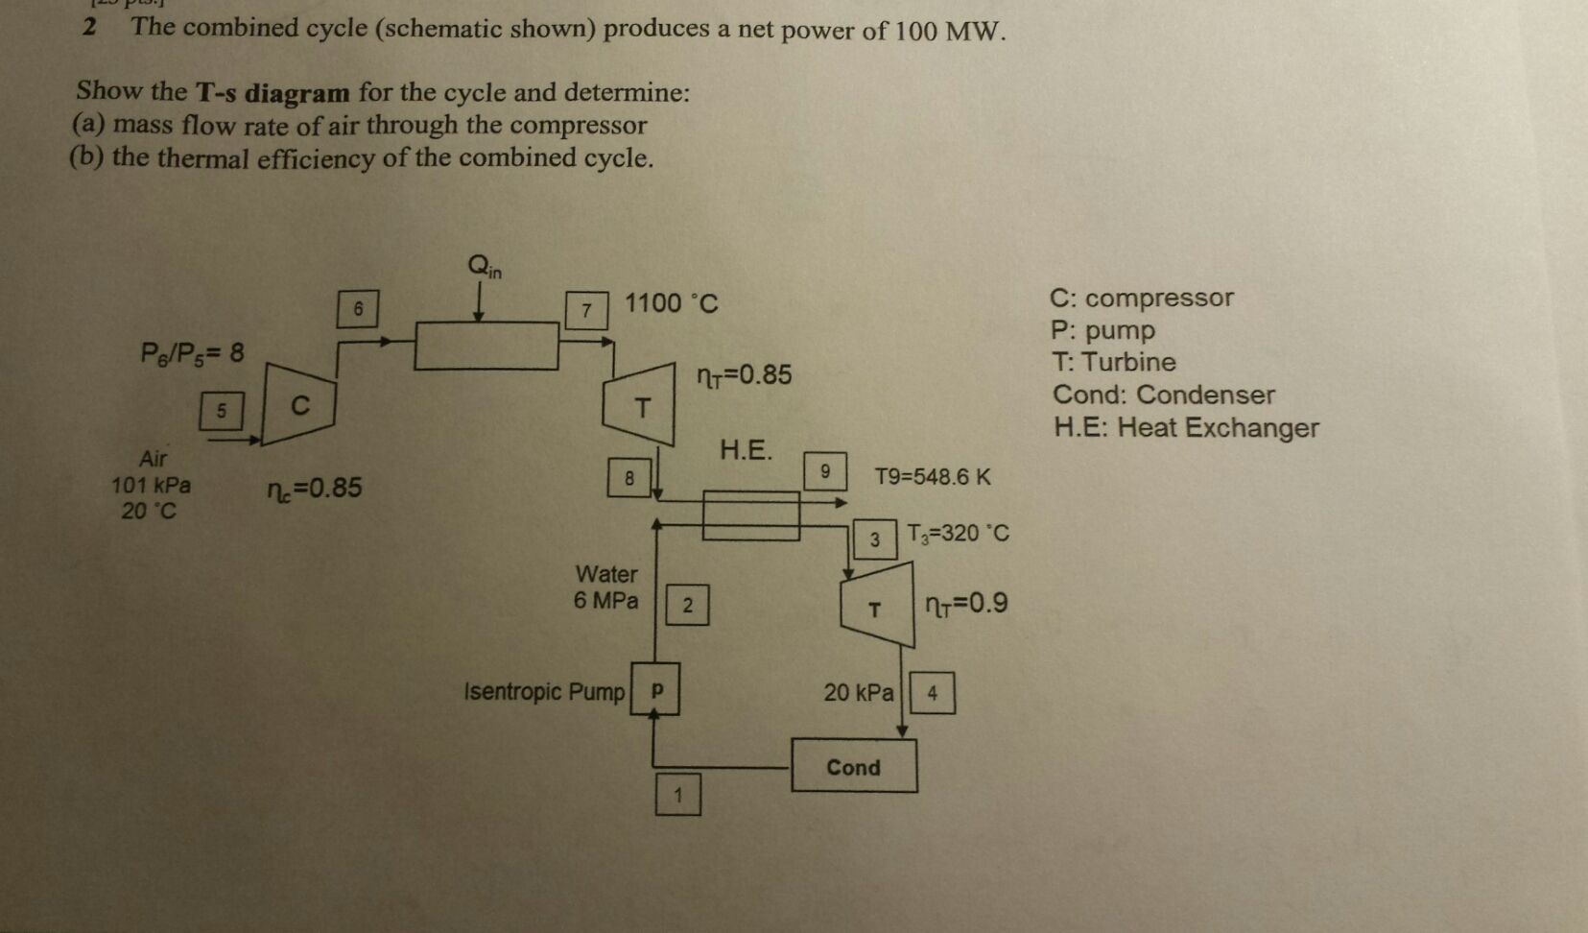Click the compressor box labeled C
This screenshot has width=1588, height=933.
point(298,405)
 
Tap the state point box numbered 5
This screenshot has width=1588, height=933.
point(221,411)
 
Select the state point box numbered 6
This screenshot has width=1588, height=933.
point(358,309)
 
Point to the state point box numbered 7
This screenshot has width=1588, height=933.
point(586,310)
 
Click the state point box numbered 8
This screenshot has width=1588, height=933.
point(629,477)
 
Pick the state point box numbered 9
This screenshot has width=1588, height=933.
point(824,471)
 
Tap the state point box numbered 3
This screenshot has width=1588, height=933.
point(874,539)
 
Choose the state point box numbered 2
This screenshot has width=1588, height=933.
point(687,605)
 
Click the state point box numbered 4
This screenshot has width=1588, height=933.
point(932,693)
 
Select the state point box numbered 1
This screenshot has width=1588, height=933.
point(677,795)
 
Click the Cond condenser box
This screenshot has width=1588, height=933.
point(854,766)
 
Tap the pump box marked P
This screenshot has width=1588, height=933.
point(655,689)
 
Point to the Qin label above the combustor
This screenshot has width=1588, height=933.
point(485,265)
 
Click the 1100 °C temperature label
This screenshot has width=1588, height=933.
point(672,304)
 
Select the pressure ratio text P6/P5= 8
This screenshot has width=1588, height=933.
point(192,353)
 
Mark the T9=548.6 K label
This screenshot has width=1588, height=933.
point(932,477)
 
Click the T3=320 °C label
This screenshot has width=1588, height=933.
point(958,534)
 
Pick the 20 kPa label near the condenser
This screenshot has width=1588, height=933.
point(858,692)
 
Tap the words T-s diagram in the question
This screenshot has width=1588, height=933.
point(273,93)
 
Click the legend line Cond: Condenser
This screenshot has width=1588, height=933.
point(1163,395)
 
